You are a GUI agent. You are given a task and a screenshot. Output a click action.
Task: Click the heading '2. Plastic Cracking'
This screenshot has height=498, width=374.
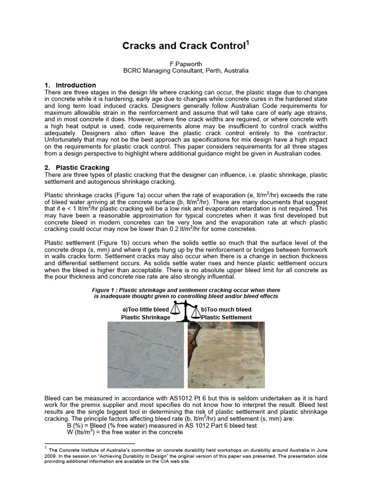(77, 168)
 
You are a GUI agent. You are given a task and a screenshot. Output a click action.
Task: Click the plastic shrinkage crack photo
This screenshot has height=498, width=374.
(145, 355)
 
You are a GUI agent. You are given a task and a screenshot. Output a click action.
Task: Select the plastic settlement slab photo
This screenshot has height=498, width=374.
(226, 355)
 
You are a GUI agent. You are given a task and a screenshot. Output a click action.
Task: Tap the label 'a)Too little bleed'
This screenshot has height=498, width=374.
(146, 309)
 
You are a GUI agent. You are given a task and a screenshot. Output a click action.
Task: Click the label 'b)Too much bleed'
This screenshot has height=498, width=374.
(226, 309)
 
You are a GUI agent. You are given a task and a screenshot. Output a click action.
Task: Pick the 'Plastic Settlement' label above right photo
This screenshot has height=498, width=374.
(226, 317)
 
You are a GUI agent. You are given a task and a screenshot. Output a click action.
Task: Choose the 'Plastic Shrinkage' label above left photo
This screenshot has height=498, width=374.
(146, 317)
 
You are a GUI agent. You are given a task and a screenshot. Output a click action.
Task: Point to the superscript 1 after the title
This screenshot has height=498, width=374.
(247, 43)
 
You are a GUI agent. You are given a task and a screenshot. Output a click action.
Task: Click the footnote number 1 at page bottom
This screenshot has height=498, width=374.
(45, 447)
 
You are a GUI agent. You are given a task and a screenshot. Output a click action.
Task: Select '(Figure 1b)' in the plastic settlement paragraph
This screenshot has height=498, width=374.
(112, 243)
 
